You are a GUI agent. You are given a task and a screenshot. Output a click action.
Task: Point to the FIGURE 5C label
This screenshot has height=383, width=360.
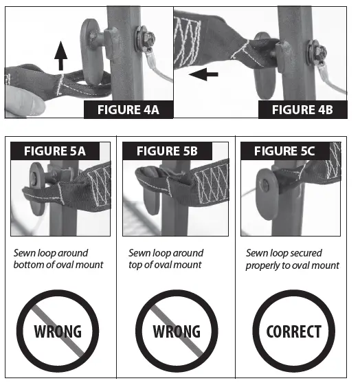coord(286,151)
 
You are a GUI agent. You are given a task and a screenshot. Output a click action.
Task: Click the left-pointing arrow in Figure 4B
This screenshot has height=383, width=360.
coord(204,74)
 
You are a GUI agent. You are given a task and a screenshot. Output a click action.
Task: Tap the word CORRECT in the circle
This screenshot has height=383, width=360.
coord(294,331)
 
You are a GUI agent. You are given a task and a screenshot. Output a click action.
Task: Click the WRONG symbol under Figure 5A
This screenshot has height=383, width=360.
coord(58,331)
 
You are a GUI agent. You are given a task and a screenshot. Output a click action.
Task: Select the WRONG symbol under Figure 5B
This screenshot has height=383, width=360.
coord(177,331)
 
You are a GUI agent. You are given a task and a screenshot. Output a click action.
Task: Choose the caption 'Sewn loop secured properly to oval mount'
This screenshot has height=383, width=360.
coord(293,259)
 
